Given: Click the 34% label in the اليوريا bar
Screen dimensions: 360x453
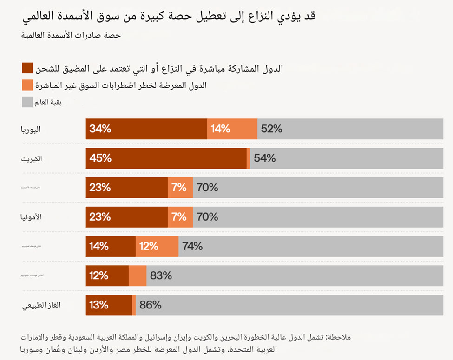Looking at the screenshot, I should (100, 129).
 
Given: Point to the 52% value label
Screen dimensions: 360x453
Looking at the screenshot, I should (272, 129).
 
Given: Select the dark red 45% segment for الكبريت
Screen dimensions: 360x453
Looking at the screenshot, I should (166, 158).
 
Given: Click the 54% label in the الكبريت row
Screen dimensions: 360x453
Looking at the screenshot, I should (265, 158).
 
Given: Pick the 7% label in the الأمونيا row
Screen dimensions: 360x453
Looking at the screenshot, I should (179, 217).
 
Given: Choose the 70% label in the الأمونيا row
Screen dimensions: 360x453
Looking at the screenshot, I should (207, 217).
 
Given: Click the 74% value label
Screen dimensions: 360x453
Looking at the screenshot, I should (192, 246).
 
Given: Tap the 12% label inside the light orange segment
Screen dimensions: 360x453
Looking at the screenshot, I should (149, 246).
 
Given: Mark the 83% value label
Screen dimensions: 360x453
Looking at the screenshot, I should (161, 275).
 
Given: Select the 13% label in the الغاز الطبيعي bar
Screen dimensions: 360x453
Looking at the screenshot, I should (99, 305).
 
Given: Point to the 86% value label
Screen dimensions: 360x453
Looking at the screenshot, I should (151, 305).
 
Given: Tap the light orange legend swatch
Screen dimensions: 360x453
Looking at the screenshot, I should (28, 85).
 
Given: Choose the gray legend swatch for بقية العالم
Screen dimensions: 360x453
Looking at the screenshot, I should (28, 102).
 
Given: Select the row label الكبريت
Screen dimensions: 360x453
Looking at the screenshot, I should (31, 159).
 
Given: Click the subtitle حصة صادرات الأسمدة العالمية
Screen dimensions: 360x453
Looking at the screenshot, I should (71, 36).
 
